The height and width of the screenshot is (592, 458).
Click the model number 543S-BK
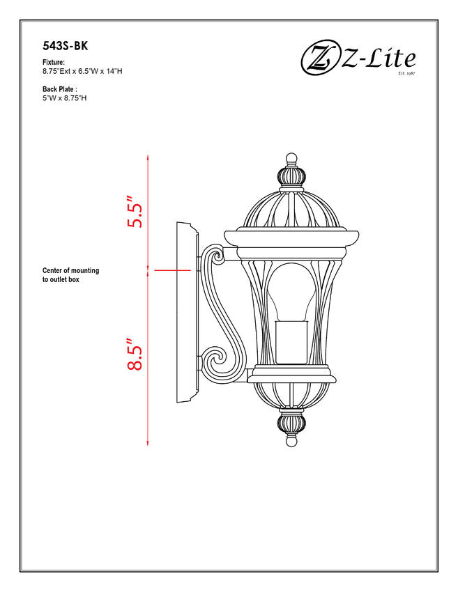point(65,46)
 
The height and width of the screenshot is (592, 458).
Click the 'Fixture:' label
point(54,62)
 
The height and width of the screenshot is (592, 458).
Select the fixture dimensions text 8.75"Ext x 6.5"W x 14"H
point(82,71)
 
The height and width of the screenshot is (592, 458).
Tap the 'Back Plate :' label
point(60,89)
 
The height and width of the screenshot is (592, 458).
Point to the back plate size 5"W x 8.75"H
point(65,98)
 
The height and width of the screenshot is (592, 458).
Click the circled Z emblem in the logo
point(320,57)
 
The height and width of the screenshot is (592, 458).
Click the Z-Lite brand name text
point(379,59)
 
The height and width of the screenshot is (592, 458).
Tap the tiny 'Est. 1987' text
point(406,73)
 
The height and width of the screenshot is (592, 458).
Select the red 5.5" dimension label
point(135,212)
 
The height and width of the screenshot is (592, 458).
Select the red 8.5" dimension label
point(135,354)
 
